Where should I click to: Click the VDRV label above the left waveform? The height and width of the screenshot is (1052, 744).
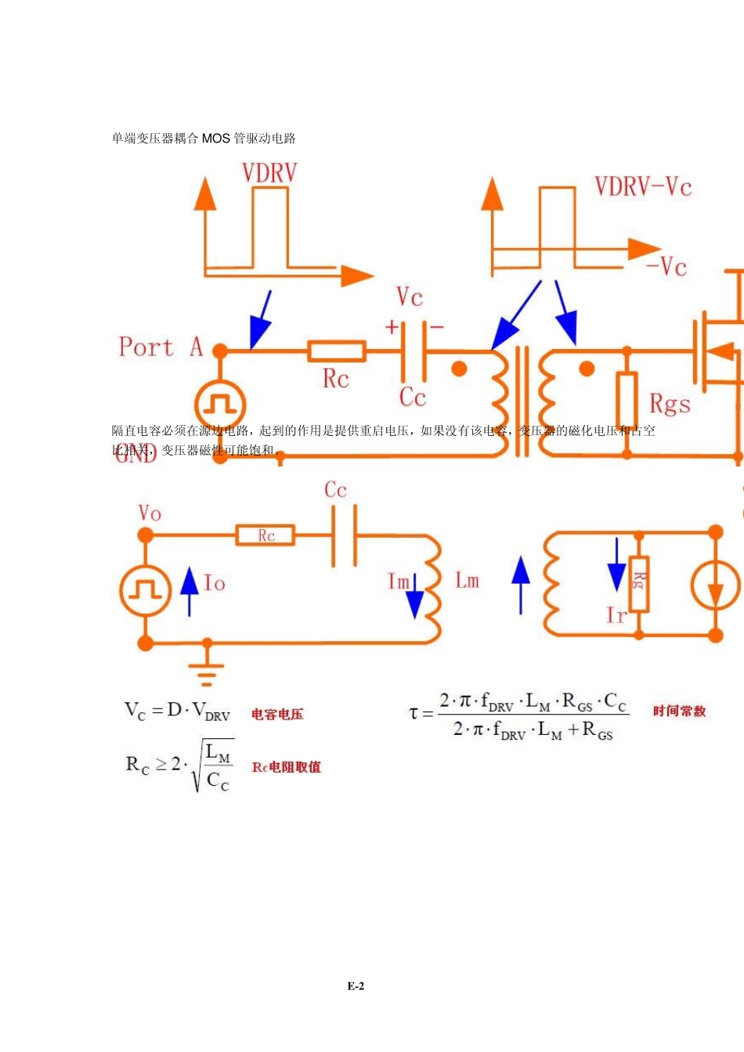[269, 173]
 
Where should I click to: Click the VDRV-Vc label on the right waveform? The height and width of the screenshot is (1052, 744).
[643, 187]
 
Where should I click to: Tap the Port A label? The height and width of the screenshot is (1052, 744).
[161, 347]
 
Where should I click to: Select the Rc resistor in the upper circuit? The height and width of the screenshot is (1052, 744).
[337, 351]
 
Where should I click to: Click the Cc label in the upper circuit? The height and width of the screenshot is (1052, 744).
[413, 397]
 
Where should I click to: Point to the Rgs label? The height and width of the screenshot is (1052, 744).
[670, 404]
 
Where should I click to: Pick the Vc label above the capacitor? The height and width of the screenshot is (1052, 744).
[410, 297]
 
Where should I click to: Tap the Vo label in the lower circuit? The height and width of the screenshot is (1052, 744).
[150, 513]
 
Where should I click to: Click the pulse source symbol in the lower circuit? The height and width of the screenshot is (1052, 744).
[145, 590]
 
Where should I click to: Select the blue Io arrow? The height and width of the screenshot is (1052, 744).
[190, 591]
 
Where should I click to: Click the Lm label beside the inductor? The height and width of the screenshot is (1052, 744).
[467, 581]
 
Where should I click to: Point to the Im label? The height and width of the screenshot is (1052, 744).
[398, 582]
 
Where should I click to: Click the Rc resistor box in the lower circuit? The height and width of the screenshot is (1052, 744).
[265, 535]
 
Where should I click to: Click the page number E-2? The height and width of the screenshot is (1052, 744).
[356, 986]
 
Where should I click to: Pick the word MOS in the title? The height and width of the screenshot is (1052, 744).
[216, 139]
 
